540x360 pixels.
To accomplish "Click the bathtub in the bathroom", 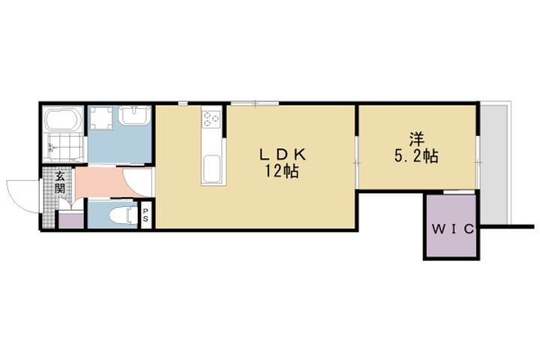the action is [63, 120].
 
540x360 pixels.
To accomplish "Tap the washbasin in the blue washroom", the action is [135, 115].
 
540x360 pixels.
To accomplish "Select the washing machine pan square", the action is [100, 118].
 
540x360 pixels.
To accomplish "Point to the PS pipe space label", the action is [145, 215].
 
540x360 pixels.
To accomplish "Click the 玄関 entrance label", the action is [60, 182].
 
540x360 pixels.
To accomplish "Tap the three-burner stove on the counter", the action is [211, 118].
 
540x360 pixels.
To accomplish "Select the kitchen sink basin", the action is [211, 169].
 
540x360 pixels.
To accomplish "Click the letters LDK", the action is [283, 154].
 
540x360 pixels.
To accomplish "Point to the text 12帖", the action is [281, 171].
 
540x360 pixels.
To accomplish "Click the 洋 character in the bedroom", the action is [417, 139].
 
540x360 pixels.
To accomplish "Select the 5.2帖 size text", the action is [416, 156].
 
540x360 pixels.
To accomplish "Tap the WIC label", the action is [452, 229].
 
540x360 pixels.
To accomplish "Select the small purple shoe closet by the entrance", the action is [71, 220].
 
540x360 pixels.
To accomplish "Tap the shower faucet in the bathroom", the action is [52, 148].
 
